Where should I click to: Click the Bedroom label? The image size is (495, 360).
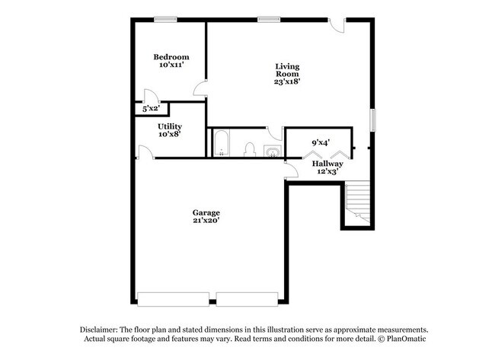click(x=171, y=57)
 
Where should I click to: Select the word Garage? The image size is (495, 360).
click(x=206, y=212)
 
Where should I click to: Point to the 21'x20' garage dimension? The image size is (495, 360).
click(x=206, y=221)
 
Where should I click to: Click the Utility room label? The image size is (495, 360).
click(x=170, y=126)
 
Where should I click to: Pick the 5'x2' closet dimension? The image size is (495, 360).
click(x=151, y=109)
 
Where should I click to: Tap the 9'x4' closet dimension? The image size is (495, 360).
click(x=321, y=142)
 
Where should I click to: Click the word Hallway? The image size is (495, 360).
click(x=327, y=164)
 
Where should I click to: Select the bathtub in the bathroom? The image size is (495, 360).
click(x=222, y=143)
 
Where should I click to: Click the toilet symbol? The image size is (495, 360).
click(x=249, y=149)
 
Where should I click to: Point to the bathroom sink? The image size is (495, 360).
click(x=272, y=151)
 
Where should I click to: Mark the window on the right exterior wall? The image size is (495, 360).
click(x=373, y=120)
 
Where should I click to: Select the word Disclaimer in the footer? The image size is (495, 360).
click(x=104, y=328)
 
